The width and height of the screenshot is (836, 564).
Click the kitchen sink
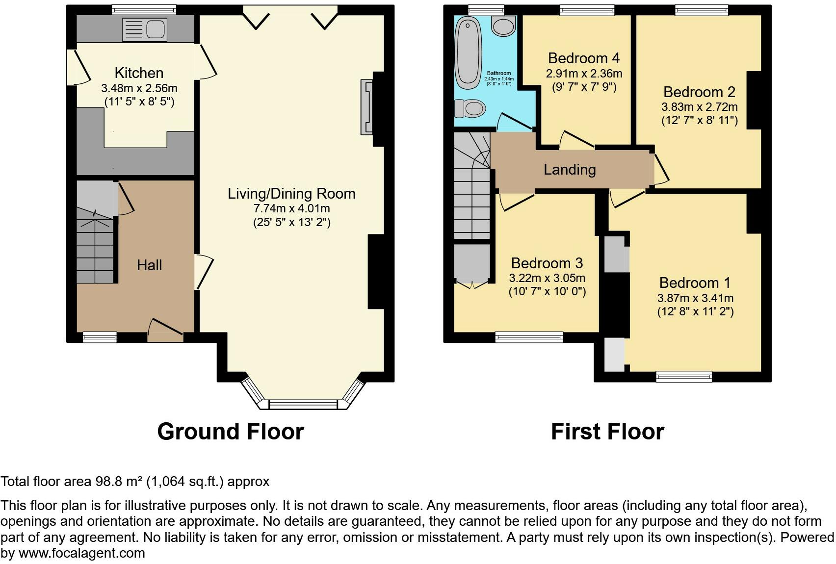144,29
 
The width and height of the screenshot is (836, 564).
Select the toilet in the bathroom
470,108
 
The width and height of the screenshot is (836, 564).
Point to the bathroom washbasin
503,26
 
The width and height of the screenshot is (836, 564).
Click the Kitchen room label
139,73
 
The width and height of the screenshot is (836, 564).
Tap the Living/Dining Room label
291,194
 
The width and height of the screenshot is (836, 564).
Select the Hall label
149,265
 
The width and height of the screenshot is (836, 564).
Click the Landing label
570,170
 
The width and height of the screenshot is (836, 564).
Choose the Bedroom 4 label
584,58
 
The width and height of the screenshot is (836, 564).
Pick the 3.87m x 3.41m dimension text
695,298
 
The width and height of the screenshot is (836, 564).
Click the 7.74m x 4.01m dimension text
291,208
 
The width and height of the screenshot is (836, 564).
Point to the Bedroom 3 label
547,263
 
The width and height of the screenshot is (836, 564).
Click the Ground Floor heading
231,432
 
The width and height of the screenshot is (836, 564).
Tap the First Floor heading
607,432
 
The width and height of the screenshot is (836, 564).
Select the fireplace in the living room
366,107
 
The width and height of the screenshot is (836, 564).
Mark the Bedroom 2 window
702,10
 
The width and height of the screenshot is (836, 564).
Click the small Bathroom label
499,74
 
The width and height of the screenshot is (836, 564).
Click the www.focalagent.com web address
82,553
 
